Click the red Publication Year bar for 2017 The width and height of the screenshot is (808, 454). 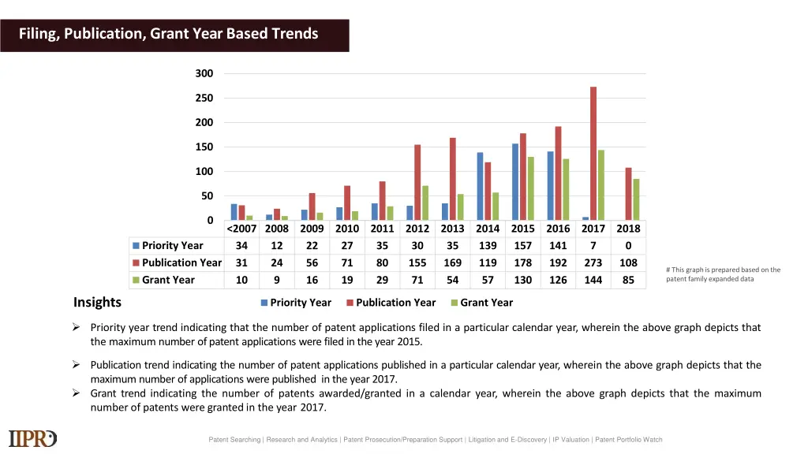(x=593, y=154)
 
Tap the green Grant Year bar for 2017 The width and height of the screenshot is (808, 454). (x=601, y=185)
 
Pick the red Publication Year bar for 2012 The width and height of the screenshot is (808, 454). (x=417, y=182)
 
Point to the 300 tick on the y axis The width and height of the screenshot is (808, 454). (x=204, y=73)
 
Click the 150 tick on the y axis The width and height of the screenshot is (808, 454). (x=204, y=147)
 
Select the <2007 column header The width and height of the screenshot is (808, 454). (x=241, y=229)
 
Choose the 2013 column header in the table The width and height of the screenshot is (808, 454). (x=452, y=229)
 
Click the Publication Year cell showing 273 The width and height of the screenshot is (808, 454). (x=593, y=262)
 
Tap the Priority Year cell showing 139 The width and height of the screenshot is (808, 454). (x=488, y=245)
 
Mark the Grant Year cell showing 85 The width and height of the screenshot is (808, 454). (x=628, y=280)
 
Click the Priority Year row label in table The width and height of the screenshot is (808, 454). (x=172, y=245)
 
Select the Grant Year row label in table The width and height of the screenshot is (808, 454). (x=168, y=280)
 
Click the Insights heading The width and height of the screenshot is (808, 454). (x=97, y=303)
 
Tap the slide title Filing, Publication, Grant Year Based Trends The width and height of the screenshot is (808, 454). (x=169, y=34)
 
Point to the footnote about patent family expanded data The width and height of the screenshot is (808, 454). (x=723, y=274)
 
